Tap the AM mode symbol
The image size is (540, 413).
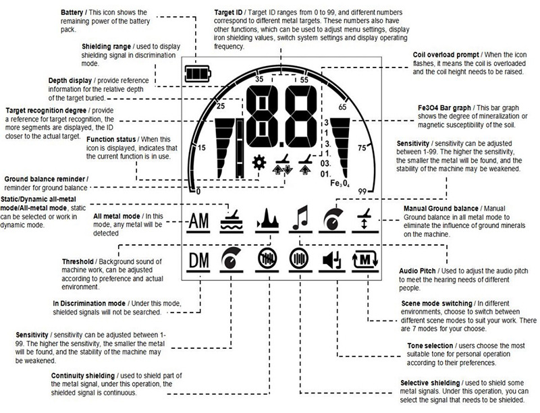[198, 221]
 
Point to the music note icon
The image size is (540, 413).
[299, 217]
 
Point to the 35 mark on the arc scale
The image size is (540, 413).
[259, 79]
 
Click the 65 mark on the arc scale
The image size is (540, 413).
[342, 107]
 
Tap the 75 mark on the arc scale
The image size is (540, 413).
[361, 147]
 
